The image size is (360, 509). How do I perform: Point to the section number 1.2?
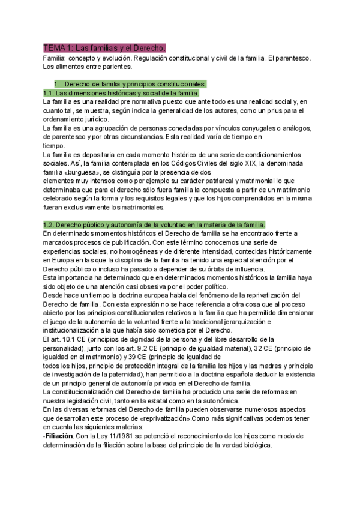pyautogui.click(x=50, y=224)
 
